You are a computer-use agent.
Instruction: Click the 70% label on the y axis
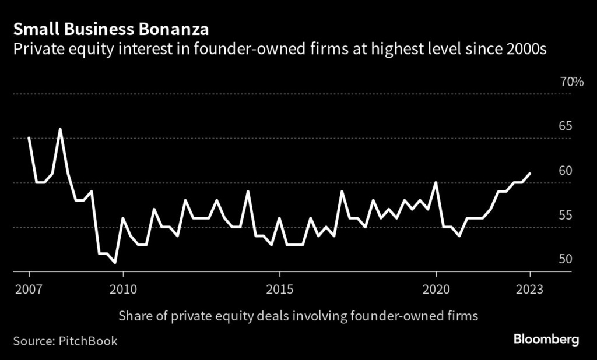point(572,82)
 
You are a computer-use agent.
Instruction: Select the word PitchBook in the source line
point(87,341)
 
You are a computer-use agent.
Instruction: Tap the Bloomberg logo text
point(546,339)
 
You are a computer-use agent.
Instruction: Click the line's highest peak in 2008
point(61,129)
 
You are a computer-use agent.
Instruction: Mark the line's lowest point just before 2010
point(115,263)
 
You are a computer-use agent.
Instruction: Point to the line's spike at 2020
point(436,182)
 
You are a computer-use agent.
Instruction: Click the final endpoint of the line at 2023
point(529,174)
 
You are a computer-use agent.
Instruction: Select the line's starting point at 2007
point(29,138)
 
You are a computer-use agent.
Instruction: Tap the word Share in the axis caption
point(134,316)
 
